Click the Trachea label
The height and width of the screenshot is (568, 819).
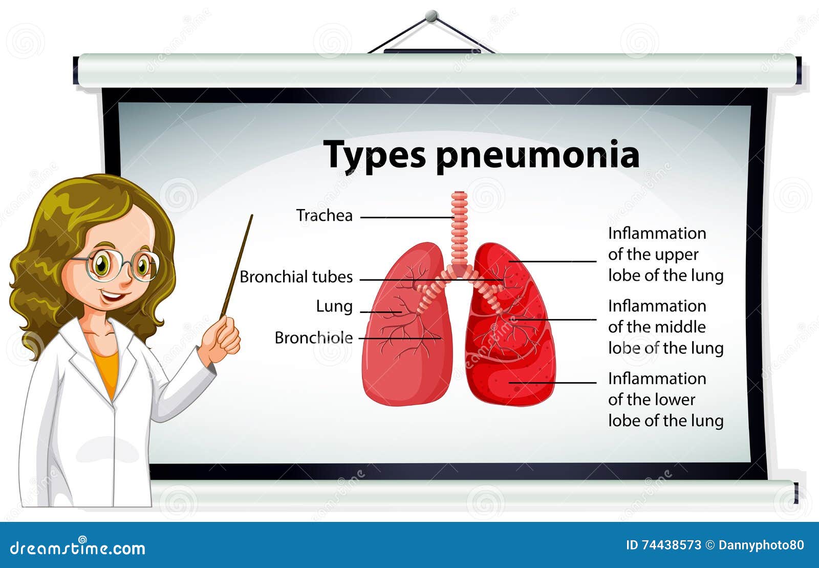click(325, 216)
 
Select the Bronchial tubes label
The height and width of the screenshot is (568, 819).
click(296, 277)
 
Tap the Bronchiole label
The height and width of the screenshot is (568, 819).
click(313, 338)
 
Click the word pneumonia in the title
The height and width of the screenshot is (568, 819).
click(537, 155)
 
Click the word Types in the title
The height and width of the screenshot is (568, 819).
click(374, 155)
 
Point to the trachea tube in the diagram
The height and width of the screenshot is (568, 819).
click(459, 225)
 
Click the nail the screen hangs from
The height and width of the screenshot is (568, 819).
click(432, 16)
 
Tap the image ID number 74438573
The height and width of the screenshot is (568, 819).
click(671, 545)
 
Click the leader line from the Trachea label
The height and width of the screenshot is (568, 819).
click(407, 217)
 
